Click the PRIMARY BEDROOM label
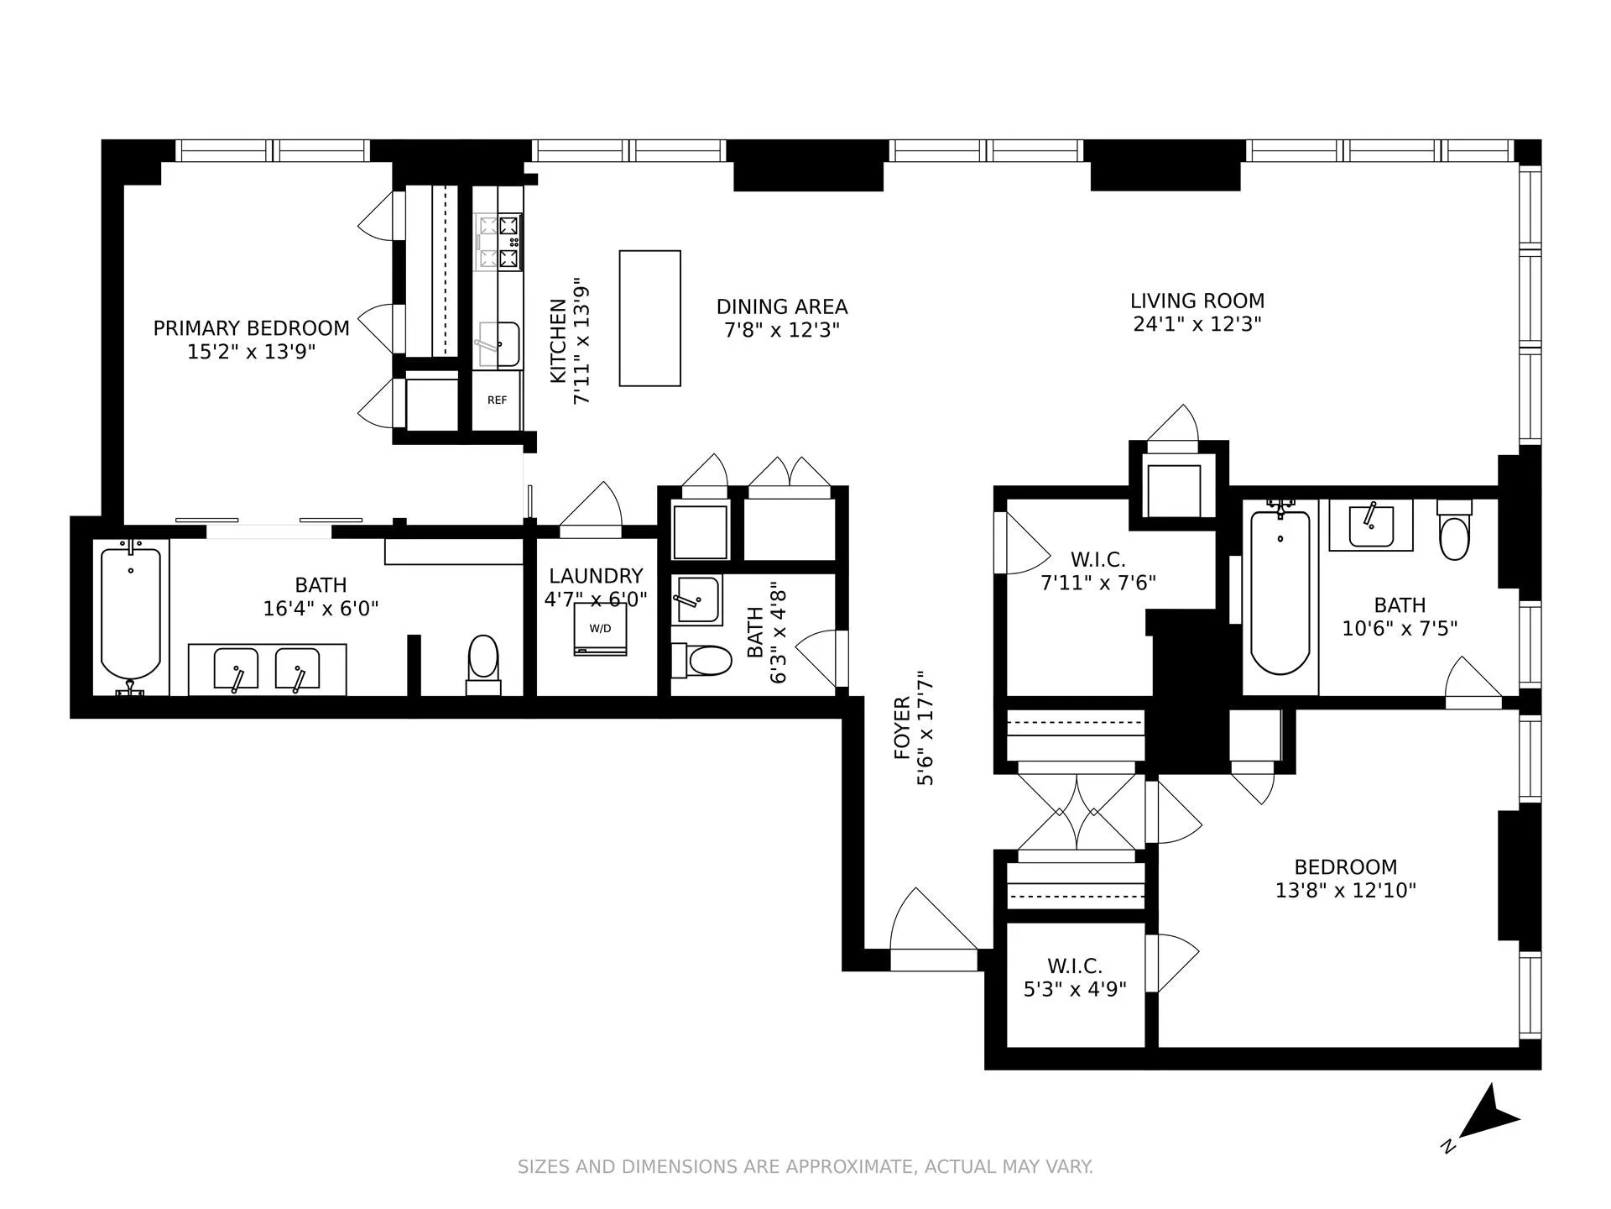[251, 328]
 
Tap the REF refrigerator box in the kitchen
[497, 400]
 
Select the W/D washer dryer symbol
[600, 629]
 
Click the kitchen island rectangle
[649, 318]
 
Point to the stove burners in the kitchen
[499, 242]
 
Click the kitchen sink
[498, 344]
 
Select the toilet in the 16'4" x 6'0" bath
[483, 663]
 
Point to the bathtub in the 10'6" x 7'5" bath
[1280, 592]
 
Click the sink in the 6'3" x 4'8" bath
[696, 599]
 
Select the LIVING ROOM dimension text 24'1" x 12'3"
[1197, 324]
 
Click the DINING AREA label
[781, 306]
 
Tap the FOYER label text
[902, 728]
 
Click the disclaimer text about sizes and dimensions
[805, 1166]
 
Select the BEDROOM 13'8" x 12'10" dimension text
[1345, 890]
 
